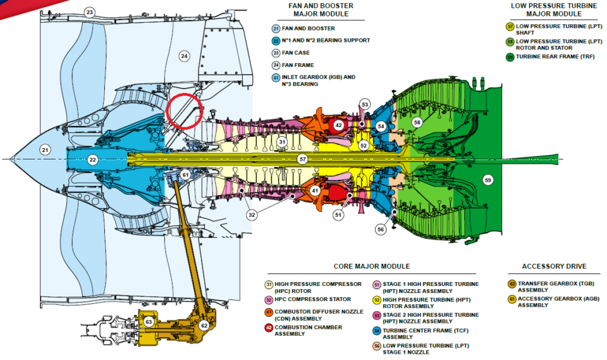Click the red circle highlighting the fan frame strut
point(184,109)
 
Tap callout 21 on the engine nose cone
point(44,150)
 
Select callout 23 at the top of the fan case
point(90,12)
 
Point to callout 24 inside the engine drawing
point(184,56)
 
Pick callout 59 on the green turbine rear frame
point(487,180)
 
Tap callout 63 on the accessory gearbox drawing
point(149,321)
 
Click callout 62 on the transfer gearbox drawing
point(204,325)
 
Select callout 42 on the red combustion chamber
point(338,125)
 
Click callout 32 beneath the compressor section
point(252,215)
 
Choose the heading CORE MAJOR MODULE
point(372,266)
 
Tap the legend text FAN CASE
point(297,53)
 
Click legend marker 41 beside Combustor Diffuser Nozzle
point(268,312)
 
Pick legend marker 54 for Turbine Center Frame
point(377,331)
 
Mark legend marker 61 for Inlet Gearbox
point(276,77)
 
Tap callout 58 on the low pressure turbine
point(417,122)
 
